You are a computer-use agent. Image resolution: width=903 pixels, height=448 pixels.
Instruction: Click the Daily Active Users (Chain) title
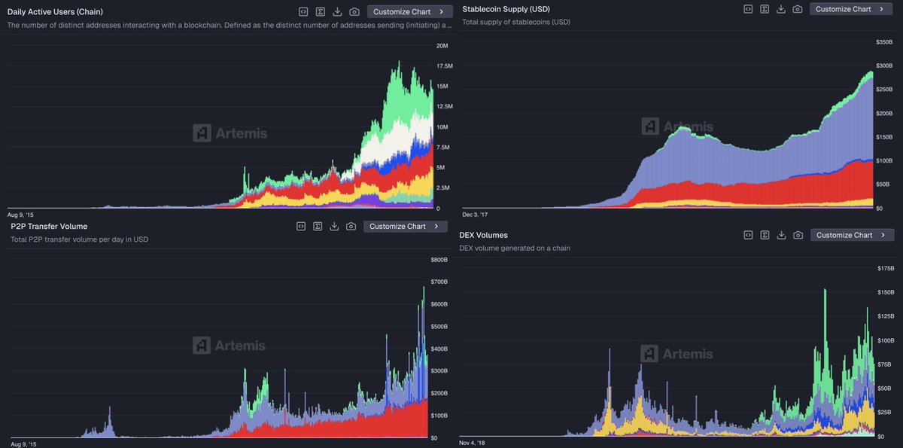pyautogui.click(x=55, y=12)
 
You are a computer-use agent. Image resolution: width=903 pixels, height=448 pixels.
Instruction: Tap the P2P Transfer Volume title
pyautogui.click(x=49, y=226)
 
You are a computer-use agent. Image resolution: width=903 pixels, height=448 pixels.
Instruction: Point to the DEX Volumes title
pyautogui.click(x=483, y=235)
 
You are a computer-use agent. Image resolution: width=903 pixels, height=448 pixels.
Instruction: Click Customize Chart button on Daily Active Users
pyautogui.click(x=409, y=12)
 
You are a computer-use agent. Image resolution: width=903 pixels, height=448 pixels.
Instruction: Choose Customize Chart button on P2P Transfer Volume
pyautogui.click(x=405, y=227)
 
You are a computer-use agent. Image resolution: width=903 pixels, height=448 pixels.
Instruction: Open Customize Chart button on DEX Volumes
pyautogui.click(x=852, y=235)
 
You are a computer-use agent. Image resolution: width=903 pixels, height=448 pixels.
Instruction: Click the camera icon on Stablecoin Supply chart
pyautogui.click(x=797, y=9)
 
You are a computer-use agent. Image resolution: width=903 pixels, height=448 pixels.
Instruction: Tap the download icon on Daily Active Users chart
pyautogui.click(x=337, y=12)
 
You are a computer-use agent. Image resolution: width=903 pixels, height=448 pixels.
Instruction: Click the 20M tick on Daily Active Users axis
pyautogui.click(x=442, y=46)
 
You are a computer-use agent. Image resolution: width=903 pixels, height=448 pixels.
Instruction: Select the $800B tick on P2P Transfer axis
pyautogui.click(x=439, y=260)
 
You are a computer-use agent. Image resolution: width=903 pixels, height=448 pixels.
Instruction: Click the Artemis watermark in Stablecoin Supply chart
pyautogui.click(x=676, y=126)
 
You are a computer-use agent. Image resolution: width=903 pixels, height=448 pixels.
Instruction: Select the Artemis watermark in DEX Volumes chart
pyautogui.click(x=676, y=353)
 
